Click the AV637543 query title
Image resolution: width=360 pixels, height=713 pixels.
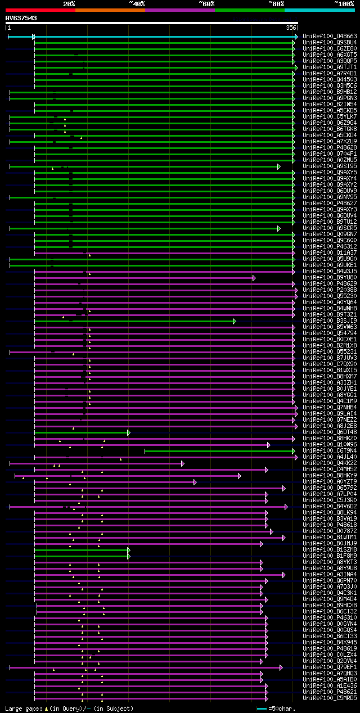pos(21,18)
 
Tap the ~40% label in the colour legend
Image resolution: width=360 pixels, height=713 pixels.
pos(137,4)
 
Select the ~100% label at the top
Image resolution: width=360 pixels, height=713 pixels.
pos(344,4)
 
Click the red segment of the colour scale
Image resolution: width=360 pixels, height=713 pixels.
pos(40,10)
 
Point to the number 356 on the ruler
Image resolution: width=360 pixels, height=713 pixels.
pos(291,28)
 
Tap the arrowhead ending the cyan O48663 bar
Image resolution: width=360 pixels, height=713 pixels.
pos(295,37)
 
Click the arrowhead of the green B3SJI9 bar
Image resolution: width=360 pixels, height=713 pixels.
pos(234,321)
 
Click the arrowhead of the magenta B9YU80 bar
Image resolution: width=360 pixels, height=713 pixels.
pos(254,278)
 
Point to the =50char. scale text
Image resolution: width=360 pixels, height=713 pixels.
pos(281,709)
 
